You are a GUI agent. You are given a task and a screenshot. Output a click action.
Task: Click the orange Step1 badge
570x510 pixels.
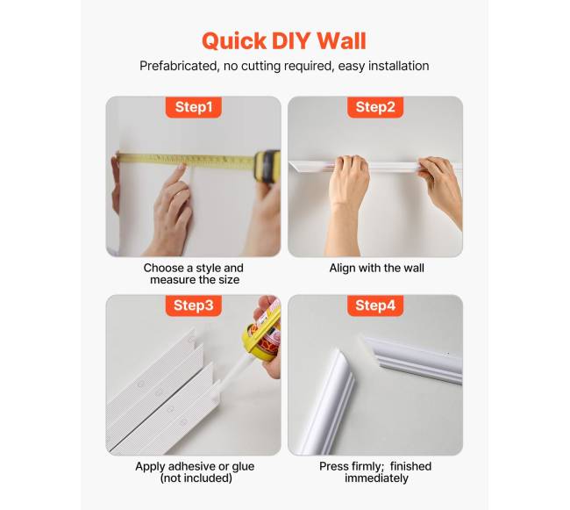pyautogui.click(x=194, y=107)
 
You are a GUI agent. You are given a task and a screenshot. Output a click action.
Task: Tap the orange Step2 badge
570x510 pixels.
pyautogui.click(x=375, y=107)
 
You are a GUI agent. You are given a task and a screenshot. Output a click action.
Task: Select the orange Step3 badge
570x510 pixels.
pyautogui.click(x=194, y=305)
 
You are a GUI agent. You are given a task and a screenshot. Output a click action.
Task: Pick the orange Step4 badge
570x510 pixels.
pyautogui.click(x=375, y=305)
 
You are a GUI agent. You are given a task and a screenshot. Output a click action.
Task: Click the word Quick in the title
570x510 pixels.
pyautogui.click(x=234, y=41)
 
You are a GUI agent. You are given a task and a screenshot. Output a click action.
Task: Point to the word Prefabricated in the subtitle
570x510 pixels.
pyautogui.click(x=178, y=66)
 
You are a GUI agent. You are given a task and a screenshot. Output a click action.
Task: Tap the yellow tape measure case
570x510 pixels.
pyautogui.click(x=267, y=166)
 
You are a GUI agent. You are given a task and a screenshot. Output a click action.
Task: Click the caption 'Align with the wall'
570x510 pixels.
pyautogui.click(x=376, y=268)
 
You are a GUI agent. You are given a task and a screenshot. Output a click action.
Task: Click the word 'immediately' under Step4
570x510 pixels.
pyautogui.click(x=376, y=478)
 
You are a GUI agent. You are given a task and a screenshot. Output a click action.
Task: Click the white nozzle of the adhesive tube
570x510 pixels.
pyautogui.click(x=235, y=372)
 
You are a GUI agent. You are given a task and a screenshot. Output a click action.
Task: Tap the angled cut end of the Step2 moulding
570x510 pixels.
pyautogui.click(x=297, y=167)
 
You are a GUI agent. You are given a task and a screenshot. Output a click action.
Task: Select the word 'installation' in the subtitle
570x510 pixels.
pyautogui.click(x=398, y=66)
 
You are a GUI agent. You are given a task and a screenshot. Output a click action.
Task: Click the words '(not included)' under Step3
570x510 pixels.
pyautogui.click(x=196, y=478)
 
